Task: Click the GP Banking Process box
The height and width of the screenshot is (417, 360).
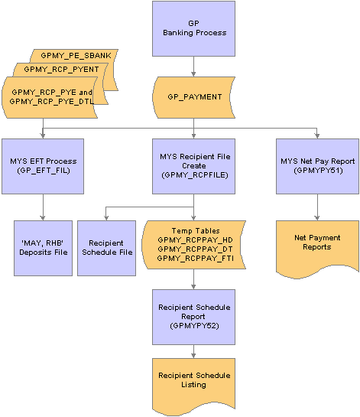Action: tap(194, 28)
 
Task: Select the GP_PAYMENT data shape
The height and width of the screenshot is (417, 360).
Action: tap(194, 97)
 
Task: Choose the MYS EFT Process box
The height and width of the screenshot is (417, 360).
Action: tap(43, 166)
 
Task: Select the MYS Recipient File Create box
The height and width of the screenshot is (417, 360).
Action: tap(194, 166)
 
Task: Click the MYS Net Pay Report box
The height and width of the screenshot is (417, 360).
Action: tap(317, 166)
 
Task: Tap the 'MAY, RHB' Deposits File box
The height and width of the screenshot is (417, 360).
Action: tap(43, 248)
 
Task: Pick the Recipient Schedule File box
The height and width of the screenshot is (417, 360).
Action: tap(105, 248)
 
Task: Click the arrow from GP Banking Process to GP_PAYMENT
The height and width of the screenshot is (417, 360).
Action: tap(194, 66)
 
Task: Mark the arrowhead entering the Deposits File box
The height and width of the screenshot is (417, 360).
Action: tap(43, 217)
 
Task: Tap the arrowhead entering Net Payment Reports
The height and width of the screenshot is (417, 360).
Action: tap(317, 217)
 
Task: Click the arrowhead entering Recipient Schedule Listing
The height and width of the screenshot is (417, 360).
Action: tap(194, 354)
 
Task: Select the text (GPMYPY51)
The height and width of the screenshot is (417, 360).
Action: tap(317, 172)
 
